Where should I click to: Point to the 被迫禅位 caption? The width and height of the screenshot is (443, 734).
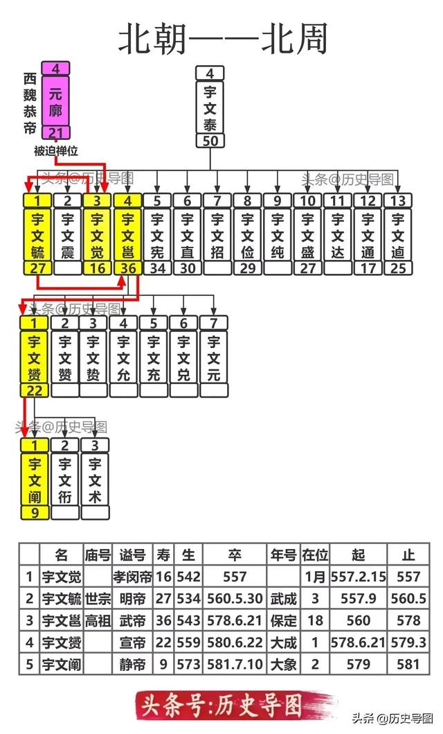tap(56, 150)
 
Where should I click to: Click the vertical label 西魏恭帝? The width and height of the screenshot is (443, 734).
tap(29, 104)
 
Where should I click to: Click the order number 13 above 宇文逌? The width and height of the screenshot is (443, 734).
tap(397, 201)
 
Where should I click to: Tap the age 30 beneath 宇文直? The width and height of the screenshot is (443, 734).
tap(187, 268)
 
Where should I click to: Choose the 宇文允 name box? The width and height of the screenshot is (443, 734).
tap(123, 357)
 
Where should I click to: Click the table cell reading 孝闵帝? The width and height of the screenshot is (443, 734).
tap(132, 577)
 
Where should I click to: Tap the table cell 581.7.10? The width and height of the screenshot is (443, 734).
tap(235, 664)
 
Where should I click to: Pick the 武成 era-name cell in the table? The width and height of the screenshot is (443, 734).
tap(283, 599)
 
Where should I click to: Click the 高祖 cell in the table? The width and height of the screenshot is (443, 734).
tap(98, 620)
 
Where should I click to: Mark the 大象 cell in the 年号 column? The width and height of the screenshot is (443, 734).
tap(283, 664)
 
